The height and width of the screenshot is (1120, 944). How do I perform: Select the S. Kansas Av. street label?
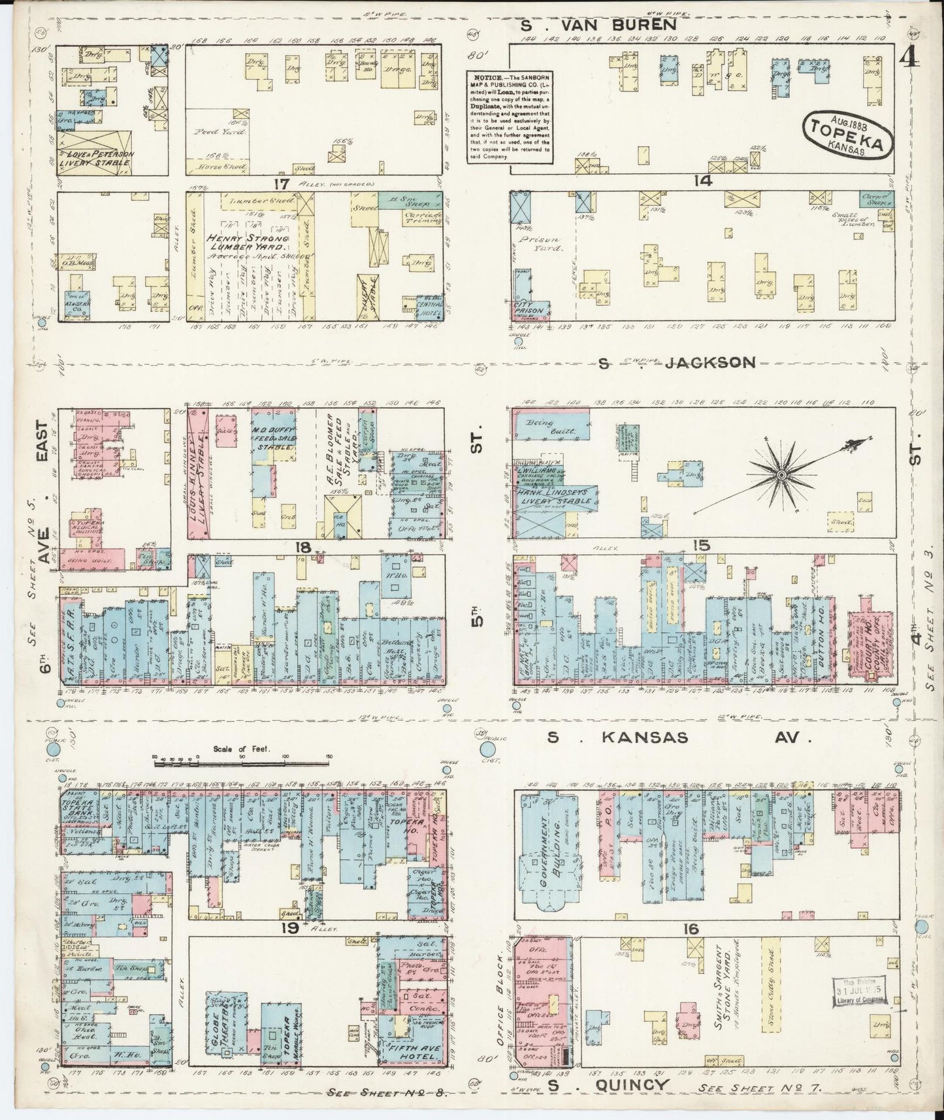tap(679, 738)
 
